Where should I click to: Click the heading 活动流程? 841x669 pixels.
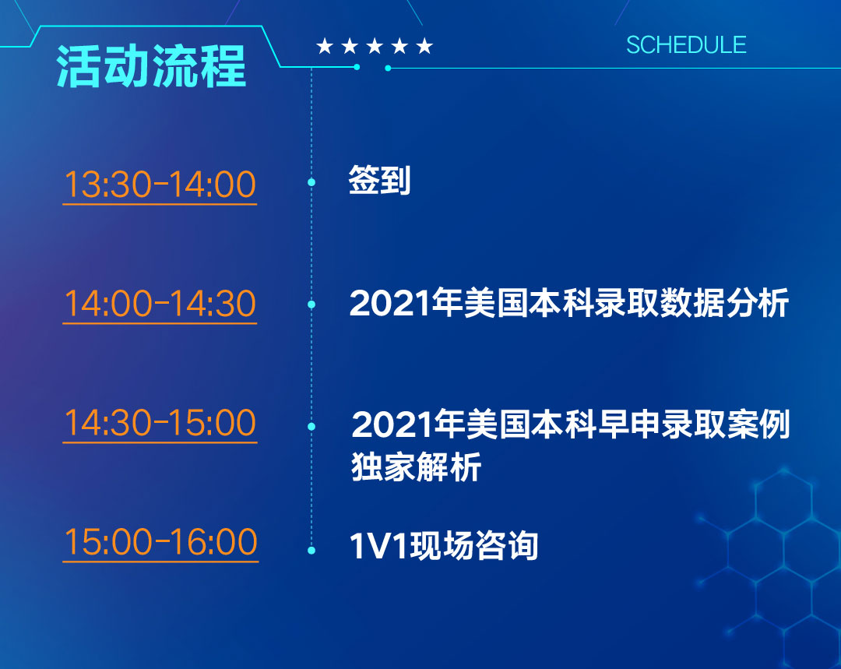(151, 66)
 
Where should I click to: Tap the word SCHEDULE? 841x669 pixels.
(686, 45)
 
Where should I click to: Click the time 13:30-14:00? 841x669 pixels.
(160, 184)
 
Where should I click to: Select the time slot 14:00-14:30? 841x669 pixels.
(160, 303)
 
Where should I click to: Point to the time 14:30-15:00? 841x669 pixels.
(160, 422)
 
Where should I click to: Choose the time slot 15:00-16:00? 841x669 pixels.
(161, 541)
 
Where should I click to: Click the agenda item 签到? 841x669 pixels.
(380, 180)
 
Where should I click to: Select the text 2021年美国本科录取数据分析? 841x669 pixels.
(569, 303)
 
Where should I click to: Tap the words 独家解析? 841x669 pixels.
(416, 467)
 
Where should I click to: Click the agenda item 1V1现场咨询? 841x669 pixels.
(444, 546)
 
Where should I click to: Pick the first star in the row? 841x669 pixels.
(325, 46)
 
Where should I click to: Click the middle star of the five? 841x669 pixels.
(375, 46)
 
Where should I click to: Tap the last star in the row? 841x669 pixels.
(424, 46)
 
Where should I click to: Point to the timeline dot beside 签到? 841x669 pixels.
(311, 182)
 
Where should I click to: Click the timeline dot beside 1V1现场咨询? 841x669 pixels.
(311, 551)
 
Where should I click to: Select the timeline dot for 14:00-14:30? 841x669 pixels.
(311, 305)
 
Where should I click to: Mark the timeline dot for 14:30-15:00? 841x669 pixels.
(311, 427)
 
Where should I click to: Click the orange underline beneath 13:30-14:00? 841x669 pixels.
(160, 204)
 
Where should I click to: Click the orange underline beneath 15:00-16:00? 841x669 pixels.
(161, 562)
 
